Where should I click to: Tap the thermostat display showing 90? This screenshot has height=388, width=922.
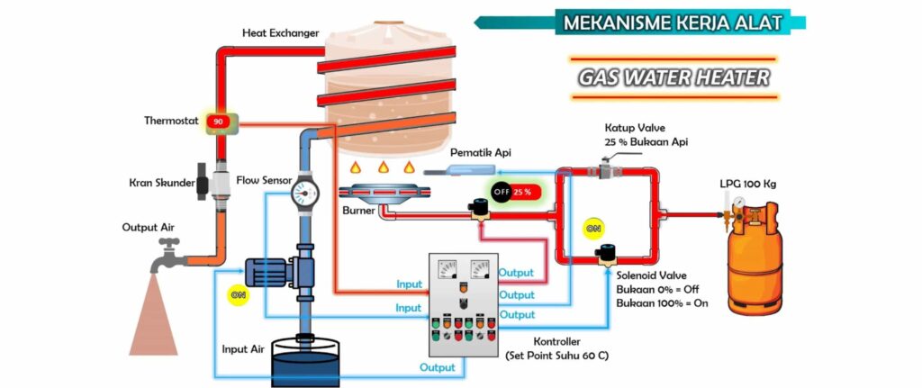tap(217, 122)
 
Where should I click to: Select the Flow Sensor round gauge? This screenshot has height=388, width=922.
tap(306, 191)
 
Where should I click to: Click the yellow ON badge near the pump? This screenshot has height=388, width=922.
tap(238, 294)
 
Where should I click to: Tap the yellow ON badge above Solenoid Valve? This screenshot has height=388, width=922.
tap(593, 229)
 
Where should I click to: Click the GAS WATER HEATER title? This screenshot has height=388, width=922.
tap(673, 77)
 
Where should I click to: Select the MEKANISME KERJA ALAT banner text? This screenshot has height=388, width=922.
tap(672, 23)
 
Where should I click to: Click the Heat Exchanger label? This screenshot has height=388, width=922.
tap(280, 33)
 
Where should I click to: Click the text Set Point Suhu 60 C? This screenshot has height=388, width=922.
tap(558, 356)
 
